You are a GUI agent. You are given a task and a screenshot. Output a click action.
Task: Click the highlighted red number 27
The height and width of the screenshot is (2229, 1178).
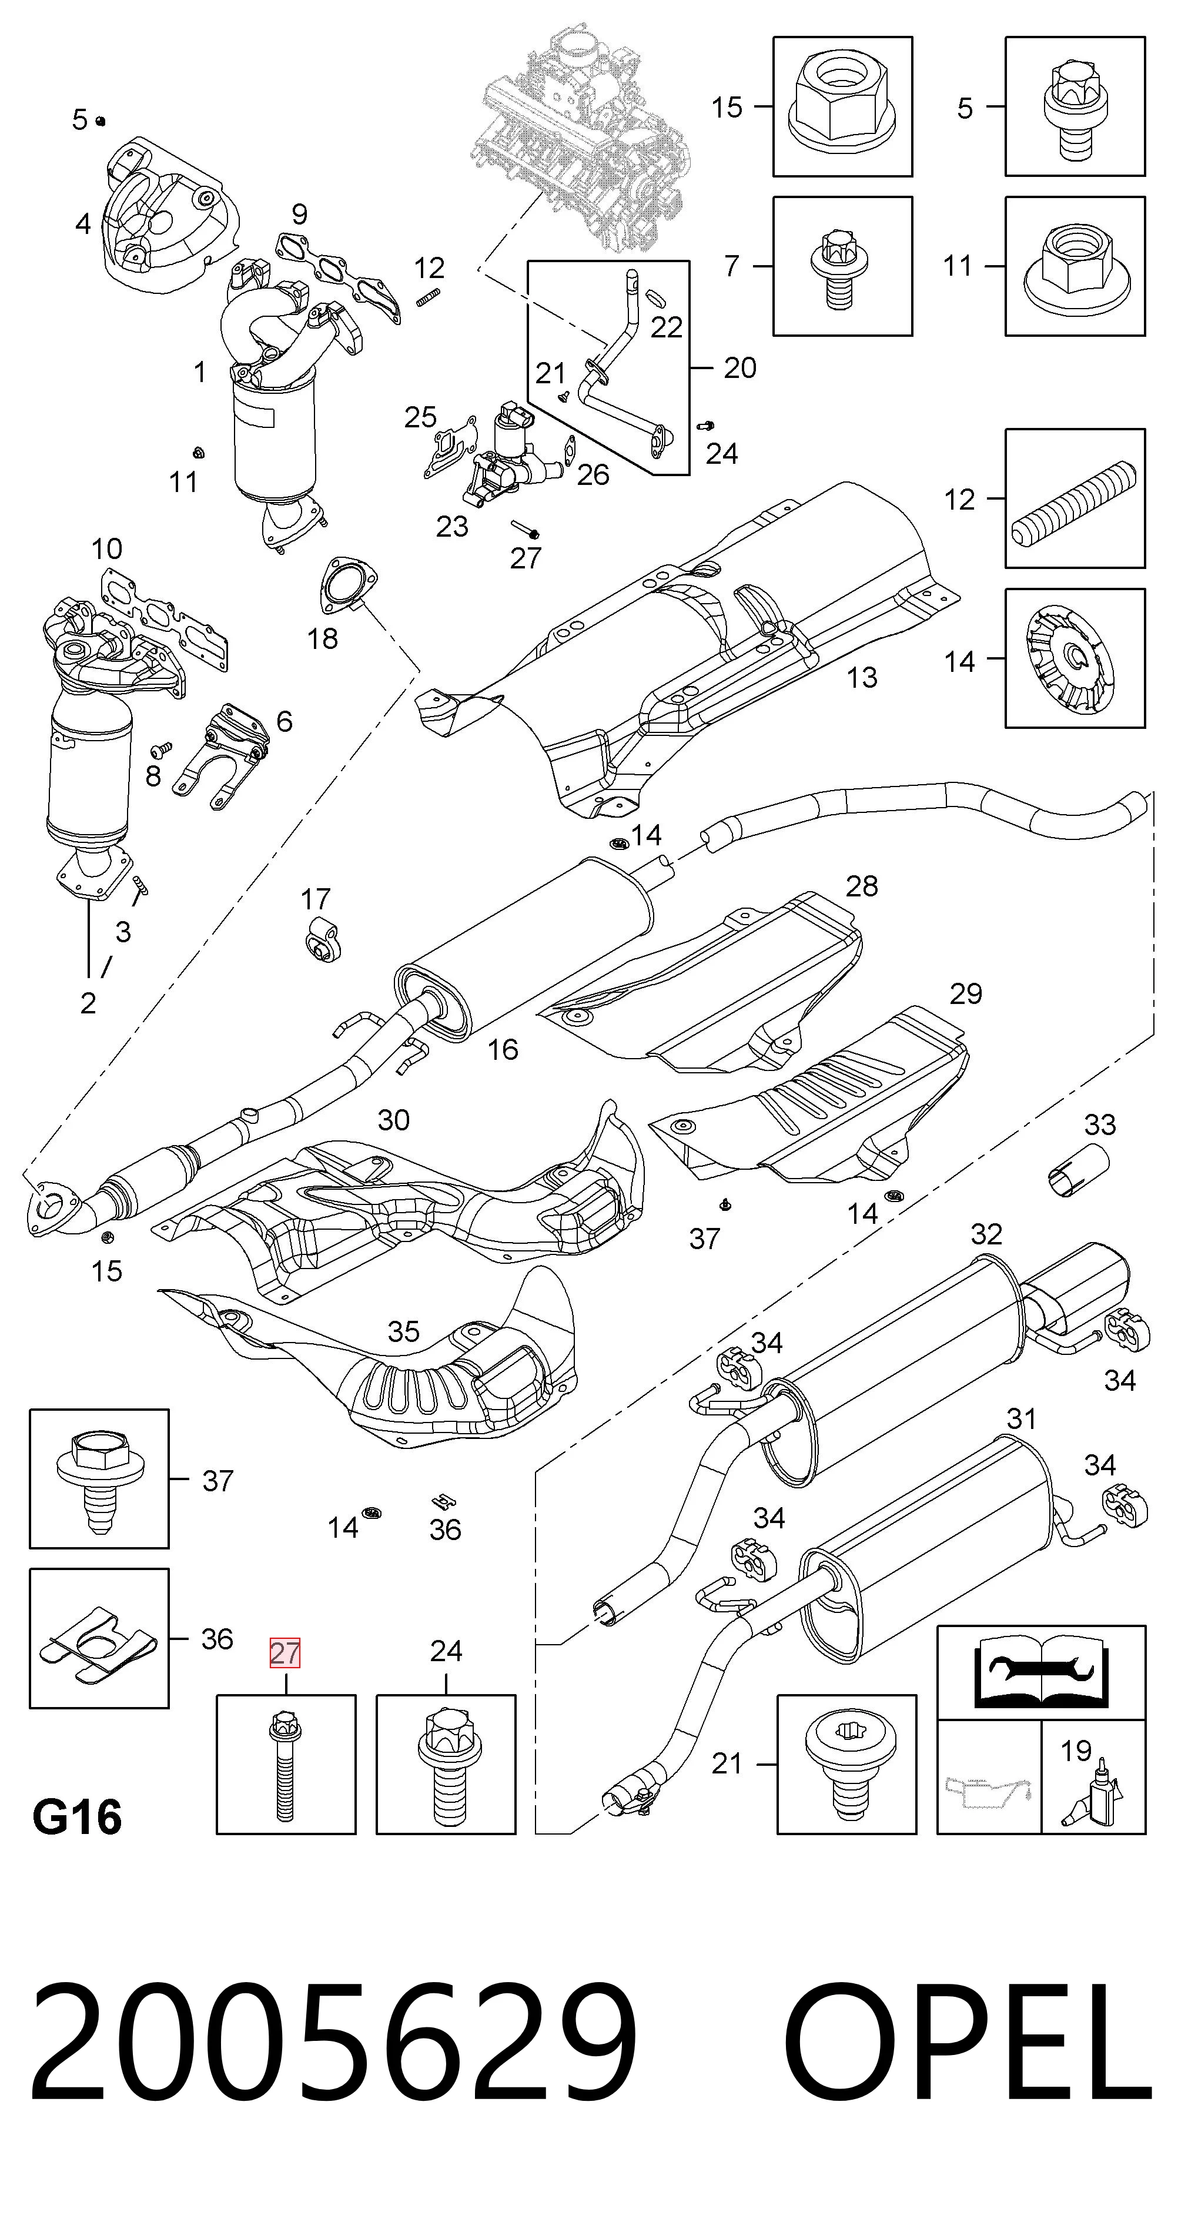(285, 1653)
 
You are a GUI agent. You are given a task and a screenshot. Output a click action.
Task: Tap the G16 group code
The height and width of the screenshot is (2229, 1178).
(77, 1817)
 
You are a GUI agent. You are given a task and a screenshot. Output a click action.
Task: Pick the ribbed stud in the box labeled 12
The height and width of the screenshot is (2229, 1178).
(1076, 499)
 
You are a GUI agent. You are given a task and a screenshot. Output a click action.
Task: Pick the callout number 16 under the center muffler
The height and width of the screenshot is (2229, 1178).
(502, 1050)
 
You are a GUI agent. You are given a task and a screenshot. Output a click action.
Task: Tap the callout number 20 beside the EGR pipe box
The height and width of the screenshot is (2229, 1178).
(740, 368)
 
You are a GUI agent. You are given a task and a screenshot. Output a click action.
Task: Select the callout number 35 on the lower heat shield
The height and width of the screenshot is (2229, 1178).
(403, 1331)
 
